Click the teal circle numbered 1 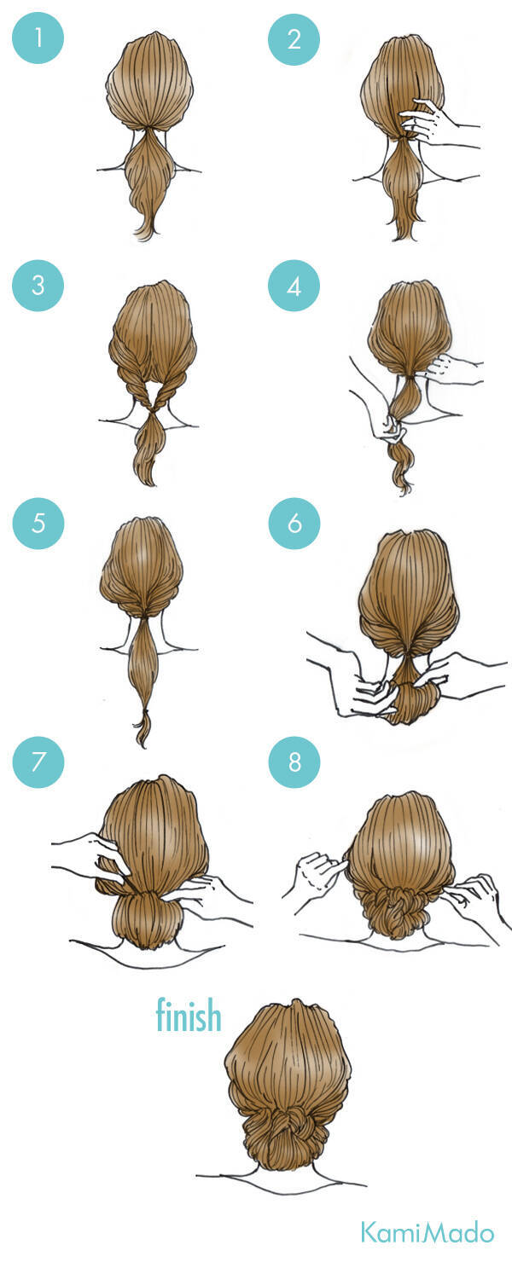38,38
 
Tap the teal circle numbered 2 294,38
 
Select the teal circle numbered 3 38,285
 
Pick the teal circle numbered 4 294,286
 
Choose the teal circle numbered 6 294,524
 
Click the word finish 189,1015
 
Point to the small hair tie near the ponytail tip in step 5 146,711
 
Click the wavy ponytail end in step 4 402,469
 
